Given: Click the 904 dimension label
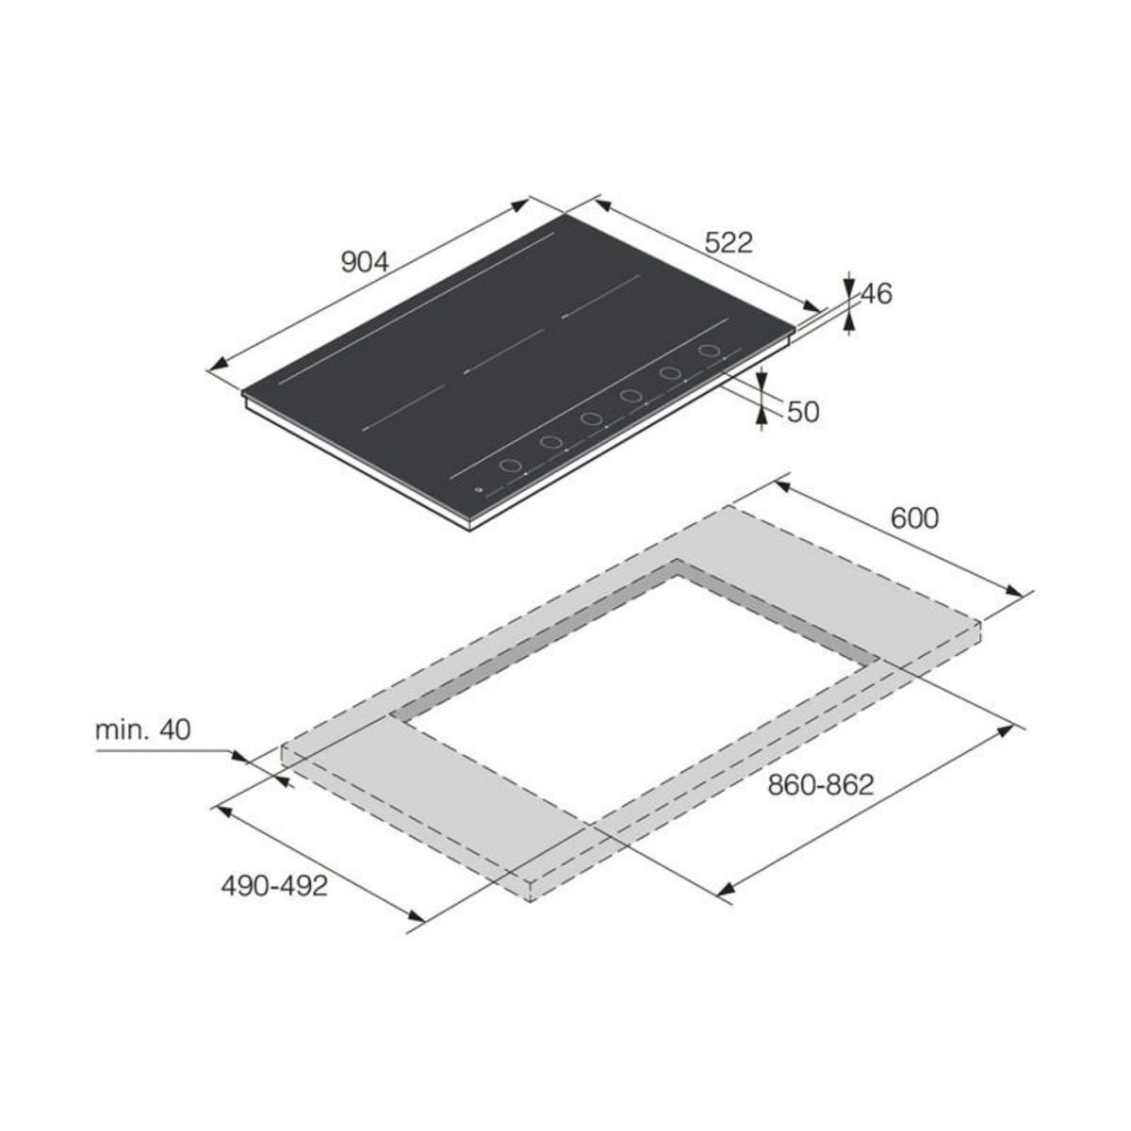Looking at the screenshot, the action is (x=365, y=262).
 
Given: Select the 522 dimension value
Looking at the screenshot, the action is (x=728, y=243).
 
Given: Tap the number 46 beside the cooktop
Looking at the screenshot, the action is (x=877, y=293).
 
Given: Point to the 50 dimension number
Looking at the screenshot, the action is (x=803, y=412).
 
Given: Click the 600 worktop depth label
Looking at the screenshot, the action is (x=914, y=518).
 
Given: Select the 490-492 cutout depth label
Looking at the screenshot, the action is (x=274, y=886).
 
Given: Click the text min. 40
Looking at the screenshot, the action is (x=142, y=729).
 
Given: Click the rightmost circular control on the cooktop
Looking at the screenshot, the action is (x=709, y=351).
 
